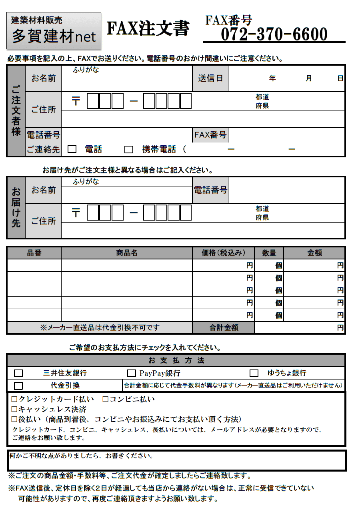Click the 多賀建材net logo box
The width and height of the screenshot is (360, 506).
[x=54, y=30]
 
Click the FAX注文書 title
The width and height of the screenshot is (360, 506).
[x=148, y=29]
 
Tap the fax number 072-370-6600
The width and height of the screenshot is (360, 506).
[x=274, y=34]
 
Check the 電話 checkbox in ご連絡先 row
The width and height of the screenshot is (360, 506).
[x=72, y=149]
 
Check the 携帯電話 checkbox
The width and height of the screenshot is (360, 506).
[x=128, y=149]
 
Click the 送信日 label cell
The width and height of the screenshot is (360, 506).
[x=210, y=78]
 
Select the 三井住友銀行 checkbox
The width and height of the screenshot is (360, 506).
[x=18, y=373]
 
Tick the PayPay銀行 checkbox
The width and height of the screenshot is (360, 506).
[x=131, y=373]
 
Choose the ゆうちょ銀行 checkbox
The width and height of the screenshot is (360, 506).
[x=254, y=373]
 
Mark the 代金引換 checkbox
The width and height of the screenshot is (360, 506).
[x=18, y=386]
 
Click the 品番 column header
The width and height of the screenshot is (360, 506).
[x=34, y=253]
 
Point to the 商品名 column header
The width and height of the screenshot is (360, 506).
[x=127, y=253]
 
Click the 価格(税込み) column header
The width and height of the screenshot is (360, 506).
[x=223, y=253]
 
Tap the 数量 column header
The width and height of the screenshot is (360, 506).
[x=269, y=253]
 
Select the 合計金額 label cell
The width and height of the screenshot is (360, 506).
[x=224, y=327]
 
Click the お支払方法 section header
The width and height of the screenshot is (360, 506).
[x=176, y=360]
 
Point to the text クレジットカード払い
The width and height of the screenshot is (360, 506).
[x=56, y=399]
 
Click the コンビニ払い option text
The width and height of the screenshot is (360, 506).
[x=132, y=399]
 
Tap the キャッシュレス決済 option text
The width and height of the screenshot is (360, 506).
[x=52, y=409]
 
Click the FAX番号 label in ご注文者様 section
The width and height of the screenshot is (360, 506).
[x=210, y=135]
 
